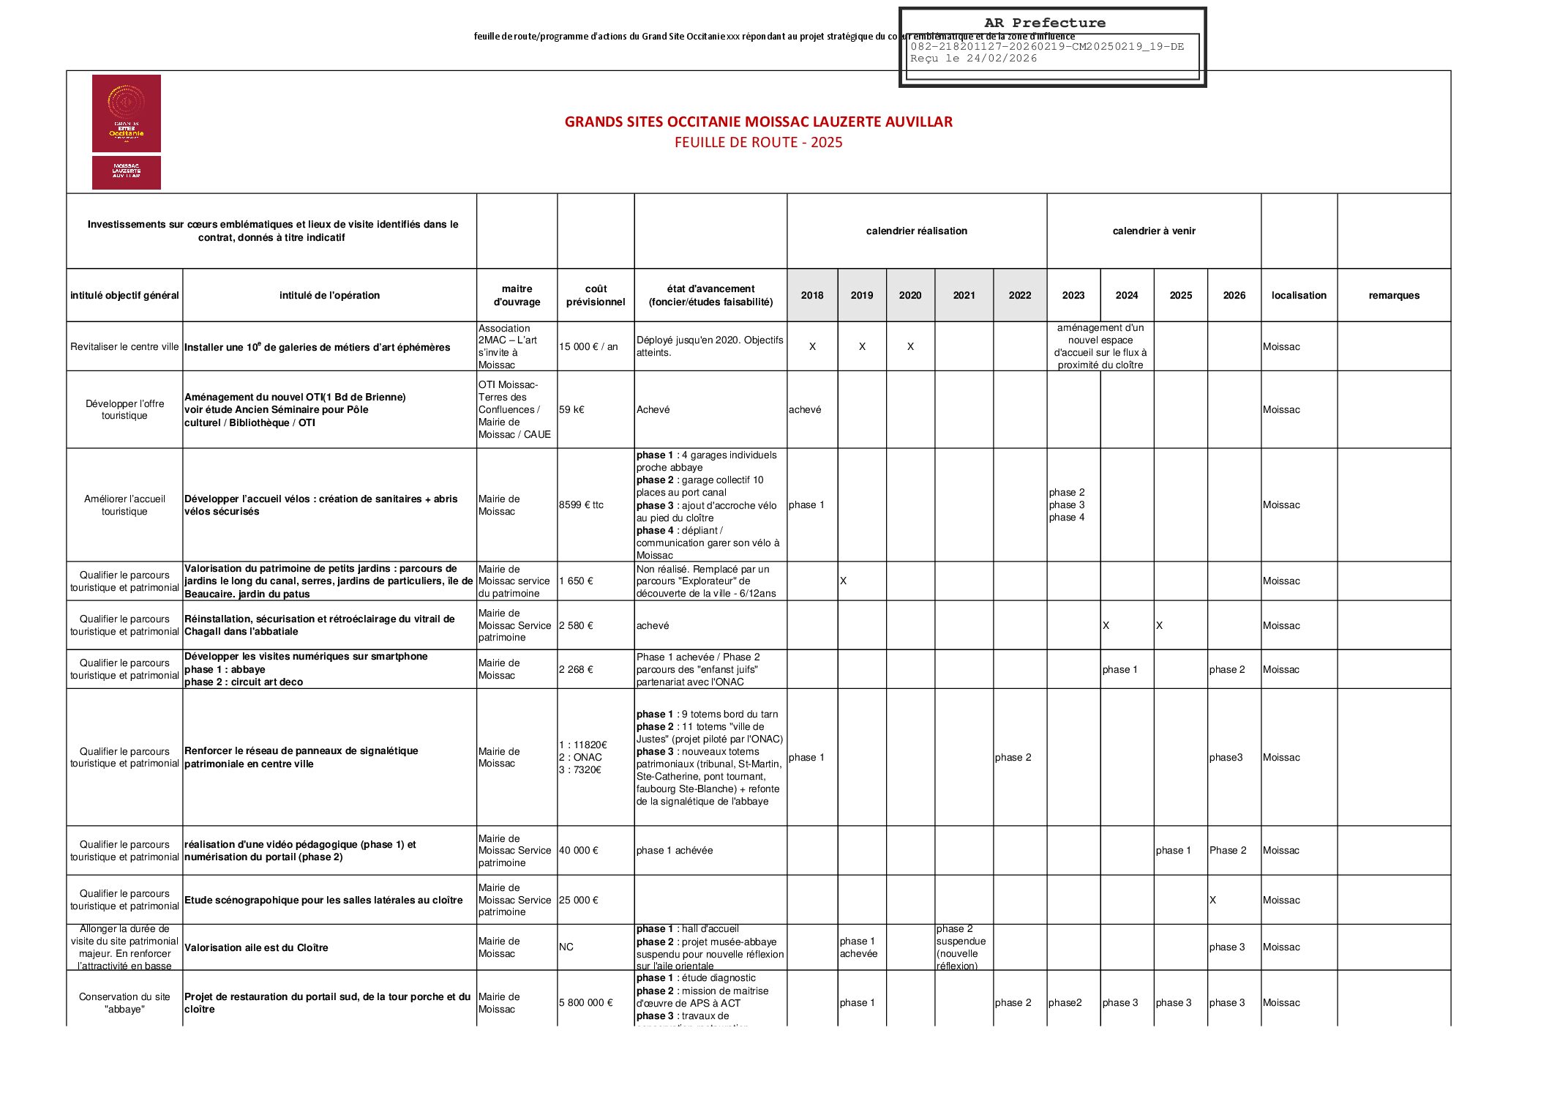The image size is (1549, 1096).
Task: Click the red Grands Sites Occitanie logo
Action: (x=126, y=113)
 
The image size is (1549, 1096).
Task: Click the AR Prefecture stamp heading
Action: (x=1044, y=23)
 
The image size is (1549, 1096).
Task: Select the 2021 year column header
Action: (x=964, y=295)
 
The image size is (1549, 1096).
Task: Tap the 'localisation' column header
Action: (x=1298, y=295)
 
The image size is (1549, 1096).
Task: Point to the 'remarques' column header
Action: (x=1393, y=295)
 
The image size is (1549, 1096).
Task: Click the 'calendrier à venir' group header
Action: (x=1153, y=231)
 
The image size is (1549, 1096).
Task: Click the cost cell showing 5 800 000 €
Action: (x=586, y=1002)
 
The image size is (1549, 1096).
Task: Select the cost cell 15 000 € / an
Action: (x=588, y=346)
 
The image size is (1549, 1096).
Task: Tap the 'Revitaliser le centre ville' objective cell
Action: (x=124, y=346)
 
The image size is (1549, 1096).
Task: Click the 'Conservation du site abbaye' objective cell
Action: (x=124, y=1002)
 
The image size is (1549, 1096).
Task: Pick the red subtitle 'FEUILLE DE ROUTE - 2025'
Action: (x=758, y=143)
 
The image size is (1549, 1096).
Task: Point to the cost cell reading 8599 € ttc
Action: (x=581, y=504)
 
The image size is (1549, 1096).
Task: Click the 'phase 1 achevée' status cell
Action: (x=674, y=850)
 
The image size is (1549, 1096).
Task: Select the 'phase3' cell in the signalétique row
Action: (x=1226, y=757)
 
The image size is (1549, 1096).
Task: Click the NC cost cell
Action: (x=566, y=947)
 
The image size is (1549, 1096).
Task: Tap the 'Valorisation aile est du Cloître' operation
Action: (x=256, y=947)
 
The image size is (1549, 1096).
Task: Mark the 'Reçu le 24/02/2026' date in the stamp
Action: (x=973, y=59)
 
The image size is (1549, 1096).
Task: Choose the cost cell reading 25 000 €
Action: (x=579, y=900)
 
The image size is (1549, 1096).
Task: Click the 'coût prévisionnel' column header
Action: (x=595, y=295)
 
